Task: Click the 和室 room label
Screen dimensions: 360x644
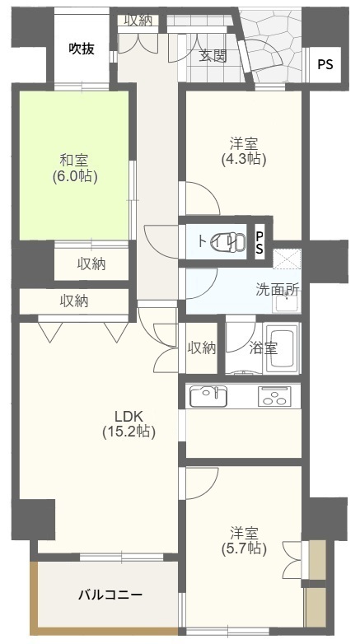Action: point(74,160)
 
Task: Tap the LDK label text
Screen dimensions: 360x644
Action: point(129,417)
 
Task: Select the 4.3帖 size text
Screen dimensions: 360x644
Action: point(244,159)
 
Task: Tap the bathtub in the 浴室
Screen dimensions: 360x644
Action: point(282,348)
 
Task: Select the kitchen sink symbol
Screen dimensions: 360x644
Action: point(208,396)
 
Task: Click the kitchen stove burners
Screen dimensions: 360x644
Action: point(274,396)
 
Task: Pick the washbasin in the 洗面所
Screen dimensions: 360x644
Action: point(287,303)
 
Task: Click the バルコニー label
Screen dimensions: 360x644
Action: point(110,595)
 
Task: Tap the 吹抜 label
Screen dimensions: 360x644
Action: point(82,49)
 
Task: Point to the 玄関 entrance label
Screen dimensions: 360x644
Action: point(213,56)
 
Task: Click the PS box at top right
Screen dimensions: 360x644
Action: point(325,64)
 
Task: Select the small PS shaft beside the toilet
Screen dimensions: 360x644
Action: point(259,242)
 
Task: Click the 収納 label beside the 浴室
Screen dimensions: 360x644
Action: point(202,348)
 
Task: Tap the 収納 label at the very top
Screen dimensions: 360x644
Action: point(138,21)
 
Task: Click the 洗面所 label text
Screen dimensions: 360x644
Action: point(278,290)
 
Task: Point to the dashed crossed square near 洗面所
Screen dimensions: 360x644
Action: point(288,259)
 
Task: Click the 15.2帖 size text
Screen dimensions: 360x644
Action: point(129,432)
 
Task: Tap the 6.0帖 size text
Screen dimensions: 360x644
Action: point(74,175)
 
